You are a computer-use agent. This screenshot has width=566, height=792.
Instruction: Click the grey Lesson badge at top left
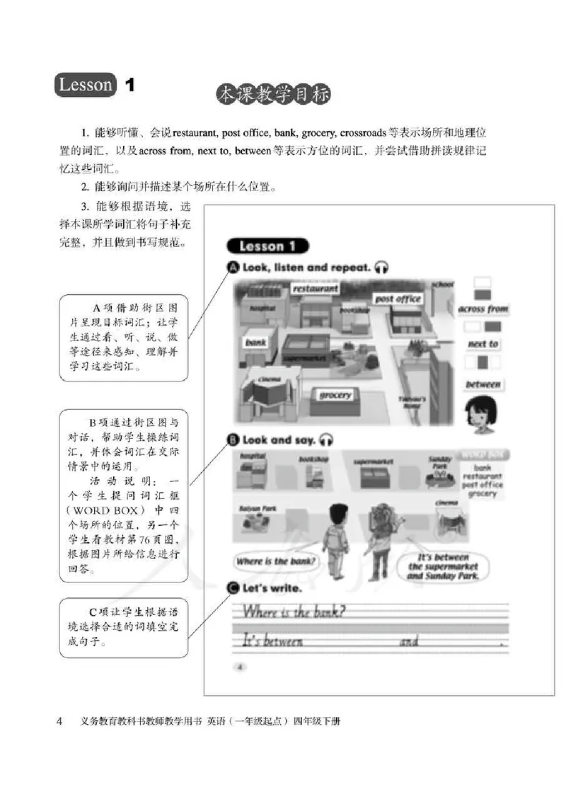click(x=85, y=86)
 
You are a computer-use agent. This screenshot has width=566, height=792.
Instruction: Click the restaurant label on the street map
click(x=315, y=289)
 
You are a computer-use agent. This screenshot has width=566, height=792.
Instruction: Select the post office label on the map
click(x=398, y=299)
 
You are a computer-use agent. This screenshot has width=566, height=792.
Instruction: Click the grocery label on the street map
click(x=335, y=395)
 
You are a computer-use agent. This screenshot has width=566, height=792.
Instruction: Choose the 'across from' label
click(x=483, y=309)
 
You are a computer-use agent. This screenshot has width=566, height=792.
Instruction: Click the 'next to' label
click(x=483, y=345)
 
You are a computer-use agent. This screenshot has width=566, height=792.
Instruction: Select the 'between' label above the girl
click(x=483, y=384)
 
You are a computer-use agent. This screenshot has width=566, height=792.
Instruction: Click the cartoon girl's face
click(x=480, y=414)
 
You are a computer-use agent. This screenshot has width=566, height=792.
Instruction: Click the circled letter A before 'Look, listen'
click(x=232, y=268)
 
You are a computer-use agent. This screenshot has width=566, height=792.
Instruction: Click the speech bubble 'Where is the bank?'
click(x=276, y=562)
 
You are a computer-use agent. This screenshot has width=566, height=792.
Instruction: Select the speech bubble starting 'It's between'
click(x=442, y=566)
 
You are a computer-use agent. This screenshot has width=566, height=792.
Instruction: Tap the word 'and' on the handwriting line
click(x=410, y=641)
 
